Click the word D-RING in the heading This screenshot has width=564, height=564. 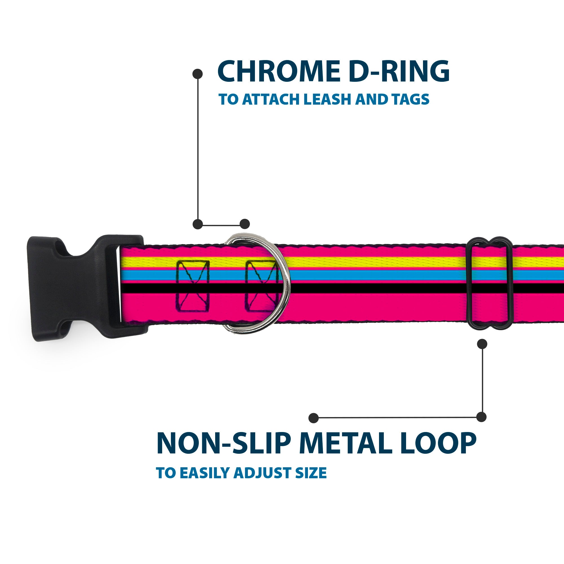(x=399, y=72)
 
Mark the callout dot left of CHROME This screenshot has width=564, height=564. (x=198, y=74)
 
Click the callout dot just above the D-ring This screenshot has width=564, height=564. (x=244, y=224)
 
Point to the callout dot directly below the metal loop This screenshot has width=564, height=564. (x=482, y=344)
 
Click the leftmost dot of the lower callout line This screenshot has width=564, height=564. (x=314, y=418)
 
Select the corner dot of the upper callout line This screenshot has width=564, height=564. (x=198, y=224)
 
